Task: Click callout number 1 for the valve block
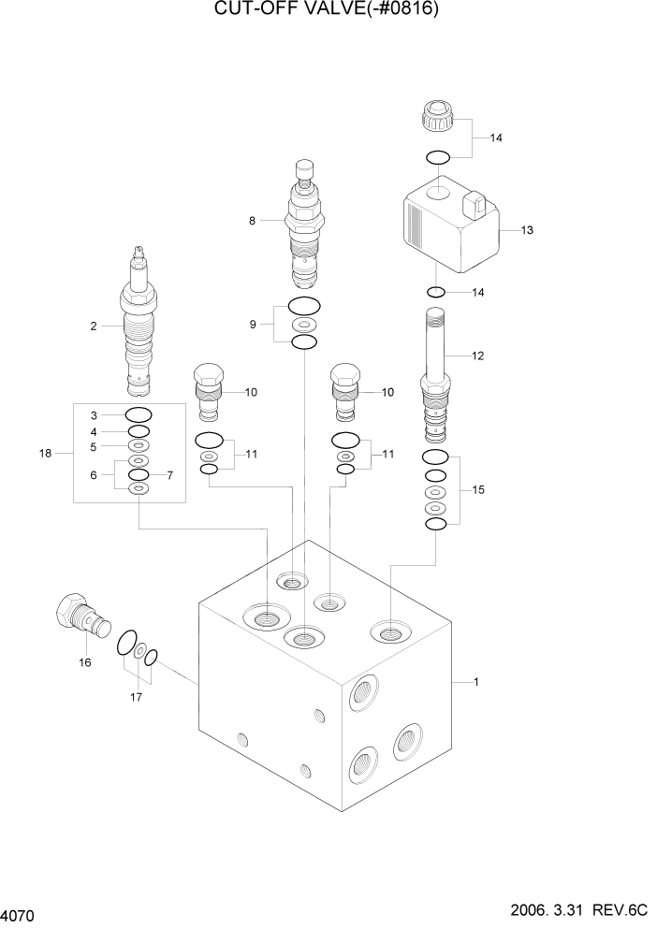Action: (x=476, y=682)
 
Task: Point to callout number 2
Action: (x=94, y=326)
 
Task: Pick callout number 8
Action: (x=252, y=221)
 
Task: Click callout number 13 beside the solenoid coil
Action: (x=526, y=230)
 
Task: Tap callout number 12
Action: (x=478, y=355)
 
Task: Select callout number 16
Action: (x=85, y=663)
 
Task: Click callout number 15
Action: (x=478, y=489)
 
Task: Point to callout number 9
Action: (x=252, y=325)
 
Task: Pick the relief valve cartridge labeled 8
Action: (x=303, y=225)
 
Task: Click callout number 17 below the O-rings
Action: (x=138, y=696)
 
